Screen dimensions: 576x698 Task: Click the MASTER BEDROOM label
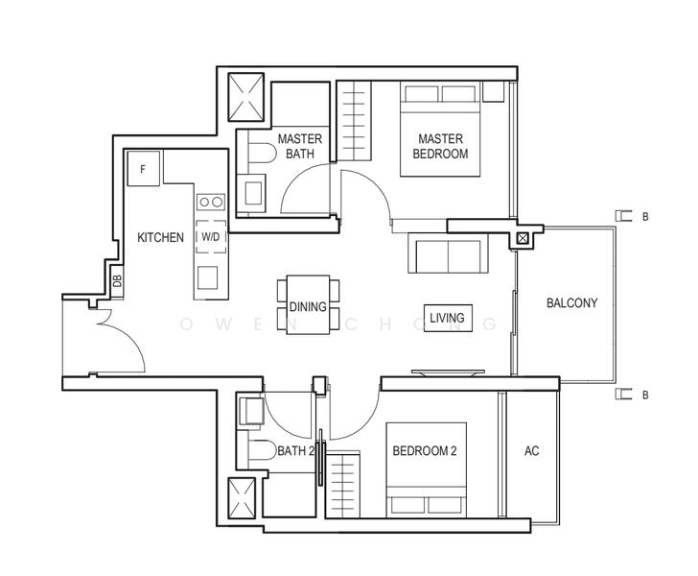coord(440,146)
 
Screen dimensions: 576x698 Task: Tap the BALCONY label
coord(571,302)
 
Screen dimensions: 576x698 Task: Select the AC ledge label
coord(531,451)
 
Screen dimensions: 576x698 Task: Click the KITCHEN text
coord(160,237)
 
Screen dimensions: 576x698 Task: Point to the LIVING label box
coord(447,318)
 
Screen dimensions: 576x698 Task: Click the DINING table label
coord(308,307)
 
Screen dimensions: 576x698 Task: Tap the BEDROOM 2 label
coord(425,451)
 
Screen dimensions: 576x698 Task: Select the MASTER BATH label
coord(299,146)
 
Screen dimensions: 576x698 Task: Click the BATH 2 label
coord(294,451)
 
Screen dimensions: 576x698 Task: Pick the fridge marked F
coord(144,170)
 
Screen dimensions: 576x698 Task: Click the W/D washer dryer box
coord(210,236)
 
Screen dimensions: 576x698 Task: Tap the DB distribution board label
coord(117,281)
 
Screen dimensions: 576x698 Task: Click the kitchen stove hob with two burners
coord(210,202)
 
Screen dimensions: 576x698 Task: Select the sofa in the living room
coord(446,254)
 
